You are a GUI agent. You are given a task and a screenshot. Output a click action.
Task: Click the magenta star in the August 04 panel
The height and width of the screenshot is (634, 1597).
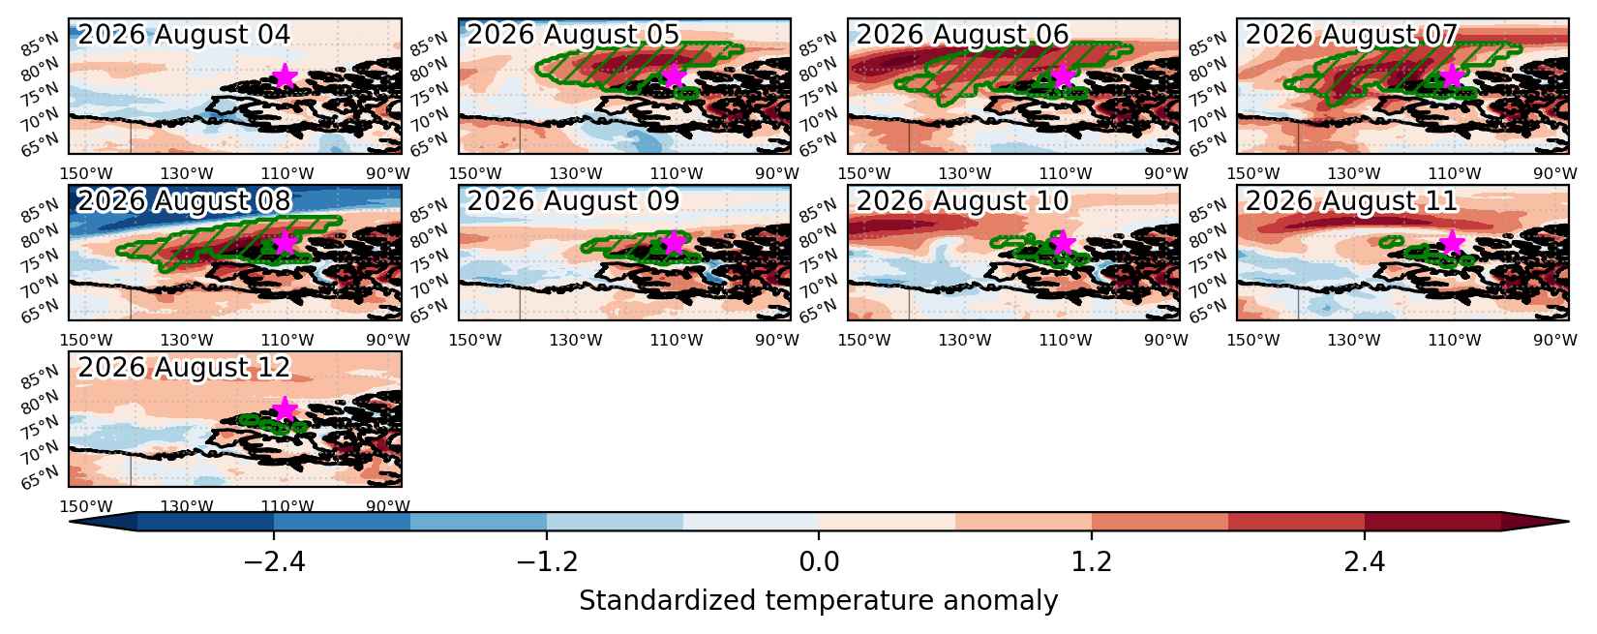pyautogui.click(x=285, y=75)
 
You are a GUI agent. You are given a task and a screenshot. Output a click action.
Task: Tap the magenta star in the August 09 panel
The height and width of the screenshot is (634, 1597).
pyautogui.click(x=674, y=243)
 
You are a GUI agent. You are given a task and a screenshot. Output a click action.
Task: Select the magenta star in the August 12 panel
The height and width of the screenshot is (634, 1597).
pyautogui.click(x=285, y=408)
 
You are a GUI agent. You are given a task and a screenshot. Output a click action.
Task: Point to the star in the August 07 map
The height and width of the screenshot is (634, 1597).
pyautogui.click(x=1452, y=75)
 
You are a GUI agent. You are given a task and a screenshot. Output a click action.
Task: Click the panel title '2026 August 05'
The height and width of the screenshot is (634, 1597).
pyautogui.click(x=573, y=34)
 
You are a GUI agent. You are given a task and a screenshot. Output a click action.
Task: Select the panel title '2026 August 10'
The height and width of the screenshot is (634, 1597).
pyautogui.click(x=962, y=201)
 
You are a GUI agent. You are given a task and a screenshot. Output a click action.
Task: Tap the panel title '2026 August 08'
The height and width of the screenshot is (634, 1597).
pyautogui.click(x=184, y=201)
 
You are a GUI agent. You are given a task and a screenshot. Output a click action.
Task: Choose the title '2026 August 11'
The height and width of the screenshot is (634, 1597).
pyautogui.click(x=1352, y=201)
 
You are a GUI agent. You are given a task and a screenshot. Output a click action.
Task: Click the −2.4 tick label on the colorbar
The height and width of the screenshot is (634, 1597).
pyautogui.click(x=275, y=562)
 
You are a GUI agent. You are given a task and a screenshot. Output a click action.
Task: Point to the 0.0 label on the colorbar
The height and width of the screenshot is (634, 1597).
pyautogui.click(x=819, y=562)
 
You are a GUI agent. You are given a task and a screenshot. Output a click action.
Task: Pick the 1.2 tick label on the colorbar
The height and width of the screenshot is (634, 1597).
pyautogui.click(x=1092, y=562)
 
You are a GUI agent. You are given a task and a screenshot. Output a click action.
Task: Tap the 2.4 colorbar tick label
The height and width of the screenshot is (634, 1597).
pyautogui.click(x=1365, y=562)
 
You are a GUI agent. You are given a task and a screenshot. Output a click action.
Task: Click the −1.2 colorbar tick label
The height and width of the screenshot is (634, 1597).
pyautogui.click(x=548, y=562)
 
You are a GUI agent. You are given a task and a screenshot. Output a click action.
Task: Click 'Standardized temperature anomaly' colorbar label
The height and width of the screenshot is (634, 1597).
pyautogui.click(x=819, y=600)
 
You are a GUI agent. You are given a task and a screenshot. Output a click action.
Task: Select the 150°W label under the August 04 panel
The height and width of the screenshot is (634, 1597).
pyautogui.click(x=85, y=173)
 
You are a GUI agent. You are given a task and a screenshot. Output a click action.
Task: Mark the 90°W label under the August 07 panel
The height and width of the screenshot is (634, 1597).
pyautogui.click(x=1555, y=173)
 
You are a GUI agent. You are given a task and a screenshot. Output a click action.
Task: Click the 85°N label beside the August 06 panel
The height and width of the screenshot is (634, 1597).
pyautogui.click(x=818, y=45)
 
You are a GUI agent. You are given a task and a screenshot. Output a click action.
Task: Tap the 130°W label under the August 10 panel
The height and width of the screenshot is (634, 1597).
pyautogui.click(x=965, y=340)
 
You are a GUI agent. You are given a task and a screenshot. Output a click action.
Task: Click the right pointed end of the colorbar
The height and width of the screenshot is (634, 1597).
pyautogui.click(x=1568, y=522)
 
